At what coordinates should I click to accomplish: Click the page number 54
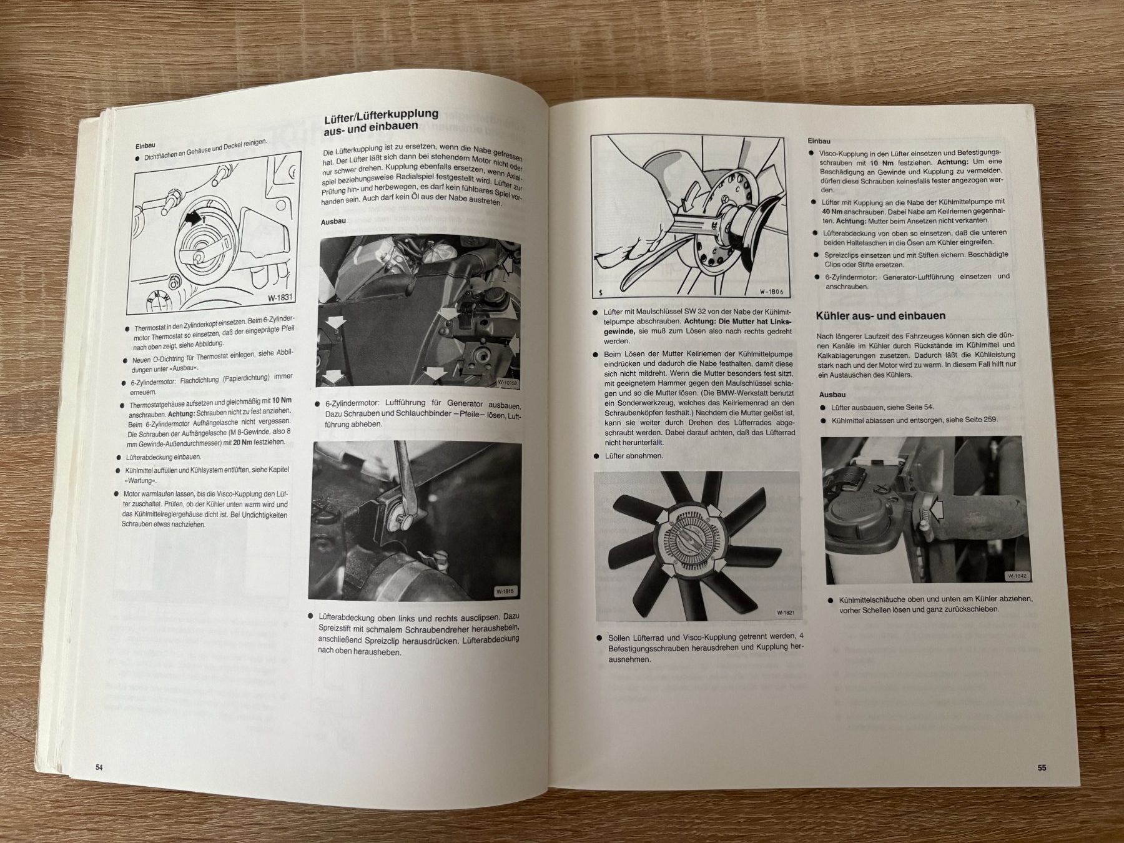pyautogui.click(x=99, y=767)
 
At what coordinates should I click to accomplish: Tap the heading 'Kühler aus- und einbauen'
pyautogui.click(x=880, y=316)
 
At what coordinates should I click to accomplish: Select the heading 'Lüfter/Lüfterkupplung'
pyautogui.click(x=381, y=117)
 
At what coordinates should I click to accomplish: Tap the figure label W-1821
pyautogui.click(x=786, y=613)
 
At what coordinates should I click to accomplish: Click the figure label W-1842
pyautogui.click(x=1017, y=576)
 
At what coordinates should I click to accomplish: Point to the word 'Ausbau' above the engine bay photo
pyautogui.click(x=333, y=222)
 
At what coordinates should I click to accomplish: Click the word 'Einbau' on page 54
pyautogui.click(x=147, y=144)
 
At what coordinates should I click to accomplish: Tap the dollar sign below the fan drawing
pyautogui.click(x=600, y=292)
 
